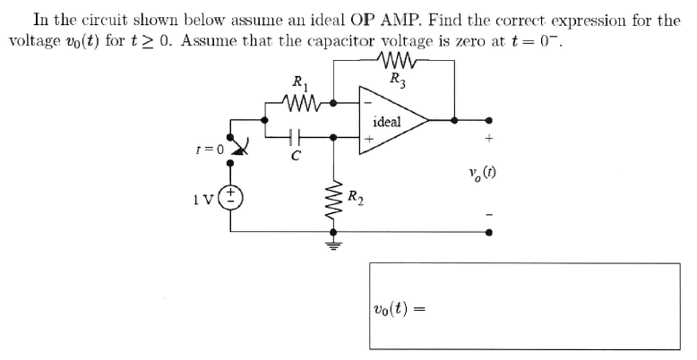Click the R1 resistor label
click(x=300, y=85)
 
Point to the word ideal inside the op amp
click(x=386, y=121)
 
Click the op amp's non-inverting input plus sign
click(x=367, y=139)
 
